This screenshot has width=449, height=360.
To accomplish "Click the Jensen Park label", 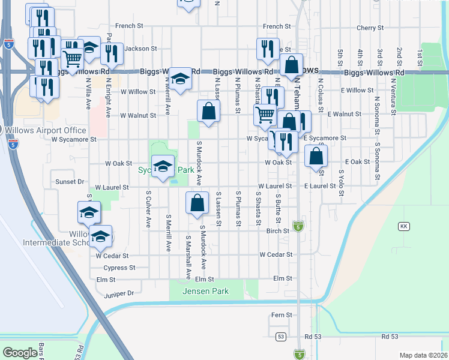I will tap(207, 291).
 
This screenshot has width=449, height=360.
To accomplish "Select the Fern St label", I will tap(281, 314).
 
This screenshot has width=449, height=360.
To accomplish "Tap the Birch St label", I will tap(278, 231).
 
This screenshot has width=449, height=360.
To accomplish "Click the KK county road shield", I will tap(403, 226).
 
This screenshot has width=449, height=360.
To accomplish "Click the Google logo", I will tap(20, 353).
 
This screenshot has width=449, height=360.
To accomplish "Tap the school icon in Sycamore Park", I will tap(162, 166).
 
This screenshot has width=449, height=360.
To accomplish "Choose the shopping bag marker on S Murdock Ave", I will tap(197, 203).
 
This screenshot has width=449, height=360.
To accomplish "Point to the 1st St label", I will tap(419, 58).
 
